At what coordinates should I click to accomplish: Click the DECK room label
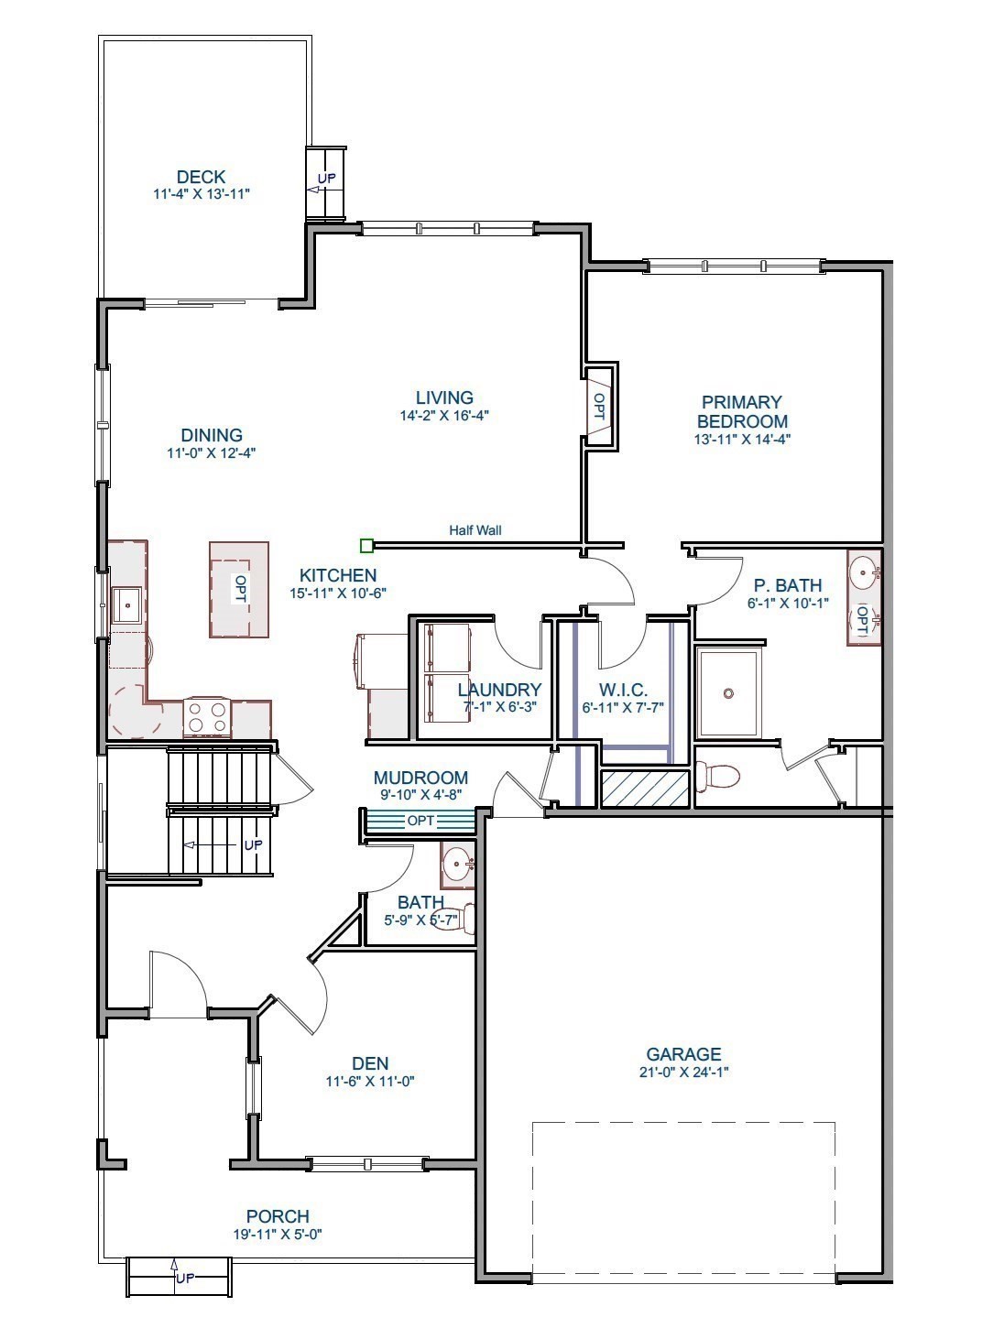pos(201,177)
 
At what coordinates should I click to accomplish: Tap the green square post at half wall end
pos(366,547)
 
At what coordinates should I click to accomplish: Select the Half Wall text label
pos(475,530)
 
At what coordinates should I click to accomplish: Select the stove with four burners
pos(206,716)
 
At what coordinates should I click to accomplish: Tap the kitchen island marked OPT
pos(239,589)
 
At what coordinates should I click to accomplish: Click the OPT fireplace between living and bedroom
pos(599,406)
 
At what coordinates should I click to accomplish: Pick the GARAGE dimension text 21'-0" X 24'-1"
pos(683,1072)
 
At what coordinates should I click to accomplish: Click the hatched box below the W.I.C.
pos(644,789)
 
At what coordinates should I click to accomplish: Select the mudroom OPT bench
pos(420,821)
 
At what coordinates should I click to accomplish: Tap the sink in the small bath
pos(457,863)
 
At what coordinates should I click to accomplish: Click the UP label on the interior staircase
pos(253,844)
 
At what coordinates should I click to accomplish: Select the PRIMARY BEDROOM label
pos(742,412)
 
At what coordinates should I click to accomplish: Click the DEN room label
pos(370,1063)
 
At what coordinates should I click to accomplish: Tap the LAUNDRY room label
pos(499,690)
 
